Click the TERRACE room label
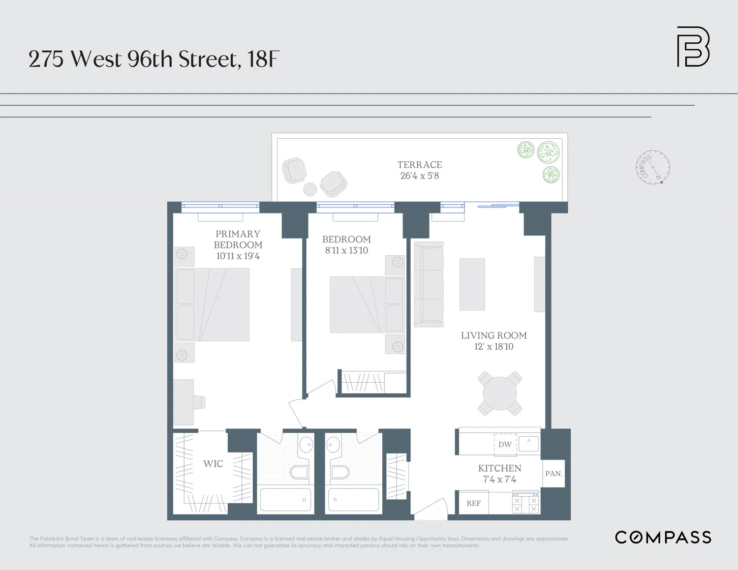420,165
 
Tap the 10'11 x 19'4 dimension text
238,256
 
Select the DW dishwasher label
505,445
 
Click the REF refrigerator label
473,504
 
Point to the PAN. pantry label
553,474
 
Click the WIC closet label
213,464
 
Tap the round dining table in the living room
500,393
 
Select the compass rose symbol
653,168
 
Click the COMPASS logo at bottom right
663,538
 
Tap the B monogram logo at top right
693,47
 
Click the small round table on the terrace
310,189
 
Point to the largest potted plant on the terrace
548,152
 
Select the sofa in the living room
429,284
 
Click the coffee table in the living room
472,284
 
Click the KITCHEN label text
499,469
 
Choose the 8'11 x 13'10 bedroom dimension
346,251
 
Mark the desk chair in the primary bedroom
199,402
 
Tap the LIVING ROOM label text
493,336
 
